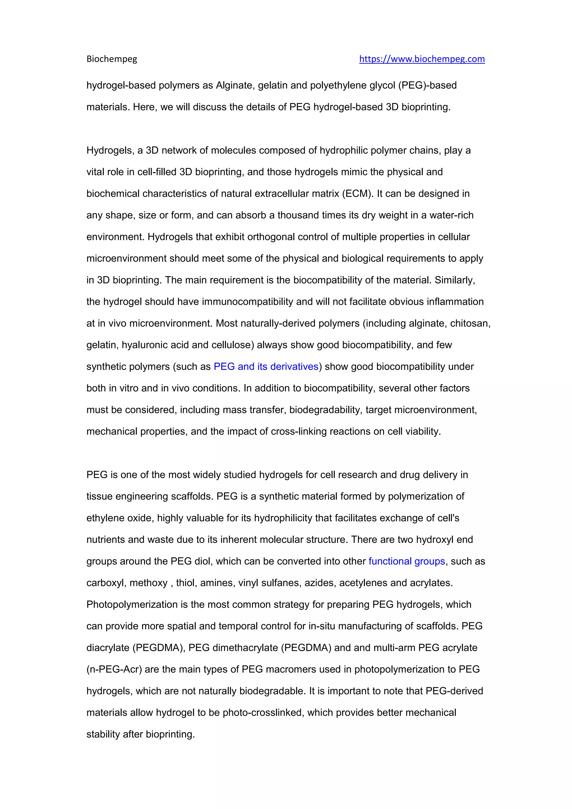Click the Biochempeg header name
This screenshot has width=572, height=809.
pyautogui.click(x=112, y=59)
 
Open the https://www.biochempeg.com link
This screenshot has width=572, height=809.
pyautogui.click(x=422, y=59)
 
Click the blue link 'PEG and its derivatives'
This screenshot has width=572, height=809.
pyautogui.click(x=266, y=367)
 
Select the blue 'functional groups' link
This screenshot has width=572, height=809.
pyautogui.click(x=407, y=561)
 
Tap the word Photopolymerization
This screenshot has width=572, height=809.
pyautogui.click(x=132, y=604)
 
